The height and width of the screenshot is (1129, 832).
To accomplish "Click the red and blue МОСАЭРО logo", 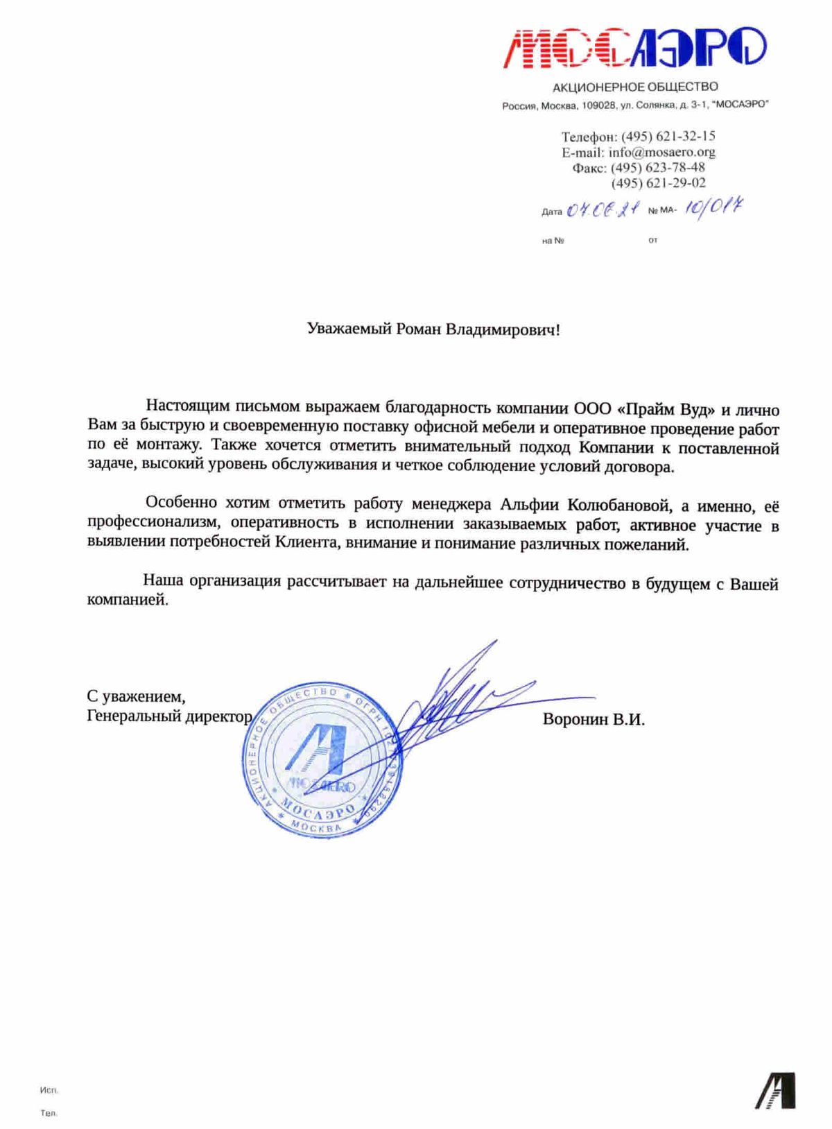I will point(634,47).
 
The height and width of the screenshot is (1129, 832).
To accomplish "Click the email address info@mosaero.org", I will point(661,152).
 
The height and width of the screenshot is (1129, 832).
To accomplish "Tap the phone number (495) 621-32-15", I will point(668,136).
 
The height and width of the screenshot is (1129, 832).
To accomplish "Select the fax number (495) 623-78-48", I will point(657,167).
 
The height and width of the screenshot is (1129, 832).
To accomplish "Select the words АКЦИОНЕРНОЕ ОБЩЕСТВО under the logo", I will point(634,87).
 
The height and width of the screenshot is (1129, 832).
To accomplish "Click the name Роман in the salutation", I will point(418,329).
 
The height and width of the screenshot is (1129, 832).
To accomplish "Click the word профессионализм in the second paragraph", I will point(153,524).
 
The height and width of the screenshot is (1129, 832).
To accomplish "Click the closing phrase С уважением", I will point(136,696).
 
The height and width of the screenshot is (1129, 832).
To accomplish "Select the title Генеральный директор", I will point(169,716).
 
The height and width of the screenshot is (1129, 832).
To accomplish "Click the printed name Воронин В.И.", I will point(593,719).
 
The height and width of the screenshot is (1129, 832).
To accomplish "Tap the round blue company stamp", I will point(321,758).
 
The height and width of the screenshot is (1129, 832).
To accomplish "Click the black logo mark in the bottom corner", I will point(776,1090).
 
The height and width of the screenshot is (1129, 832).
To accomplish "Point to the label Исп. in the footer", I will point(49,1090).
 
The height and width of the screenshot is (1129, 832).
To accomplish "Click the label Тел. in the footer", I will point(49,1113).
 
